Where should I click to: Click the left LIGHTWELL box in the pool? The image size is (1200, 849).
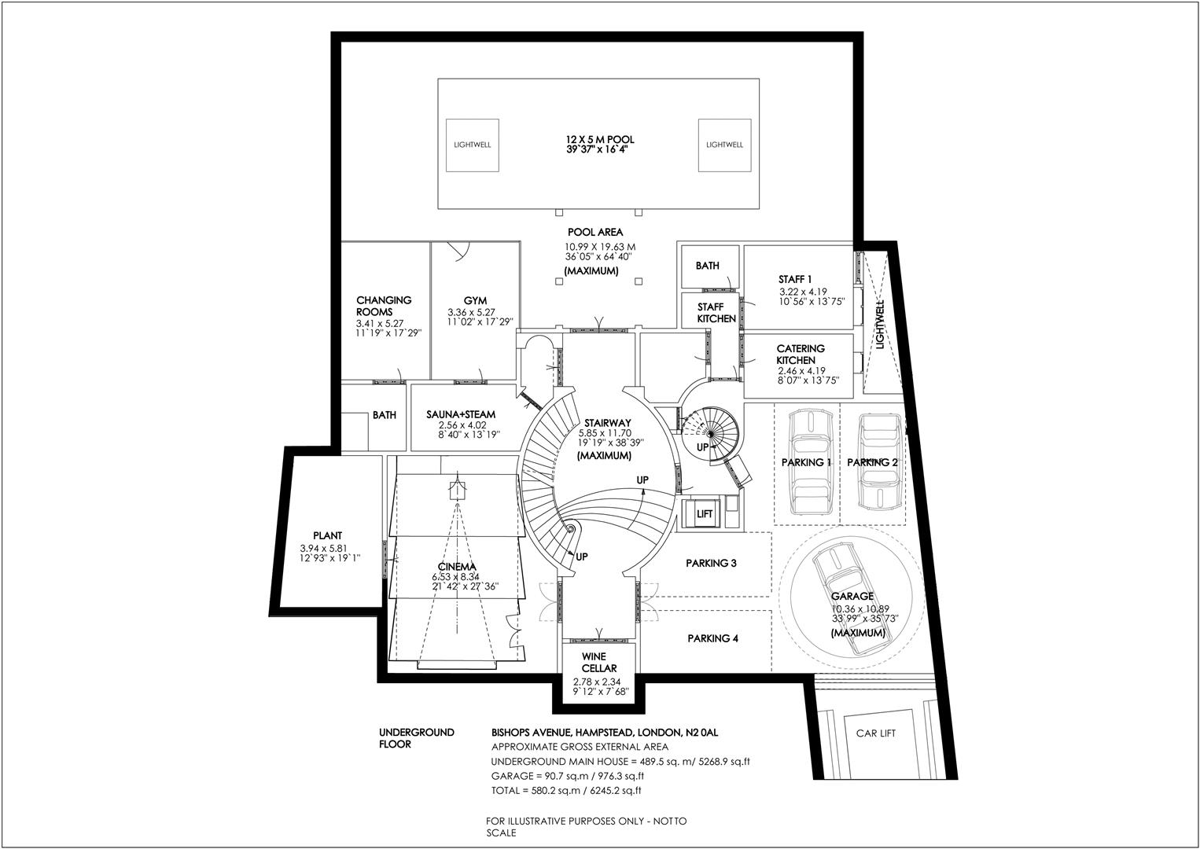coord(473,145)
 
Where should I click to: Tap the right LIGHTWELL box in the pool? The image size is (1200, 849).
coord(724,145)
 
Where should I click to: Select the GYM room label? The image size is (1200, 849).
coord(475,300)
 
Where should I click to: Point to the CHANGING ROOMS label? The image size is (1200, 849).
coord(384,306)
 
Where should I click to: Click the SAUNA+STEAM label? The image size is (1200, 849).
coord(461,414)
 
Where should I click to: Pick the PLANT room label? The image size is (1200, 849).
coord(326,535)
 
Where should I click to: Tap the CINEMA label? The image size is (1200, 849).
coord(458,567)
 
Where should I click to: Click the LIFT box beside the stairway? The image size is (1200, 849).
coord(704,514)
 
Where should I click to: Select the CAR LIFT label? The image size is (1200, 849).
coord(876,733)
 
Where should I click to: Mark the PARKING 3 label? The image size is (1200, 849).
coord(711,563)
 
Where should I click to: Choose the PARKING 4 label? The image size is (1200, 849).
coord(712,638)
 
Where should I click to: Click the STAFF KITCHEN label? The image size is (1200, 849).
coord(716,313)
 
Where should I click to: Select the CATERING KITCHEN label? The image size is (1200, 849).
coord(800,354)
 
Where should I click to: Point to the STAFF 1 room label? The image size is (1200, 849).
coord(795,279)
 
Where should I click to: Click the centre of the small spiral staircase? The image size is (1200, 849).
coord(709,434)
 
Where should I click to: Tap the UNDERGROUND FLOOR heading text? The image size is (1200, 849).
coord(417,737)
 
